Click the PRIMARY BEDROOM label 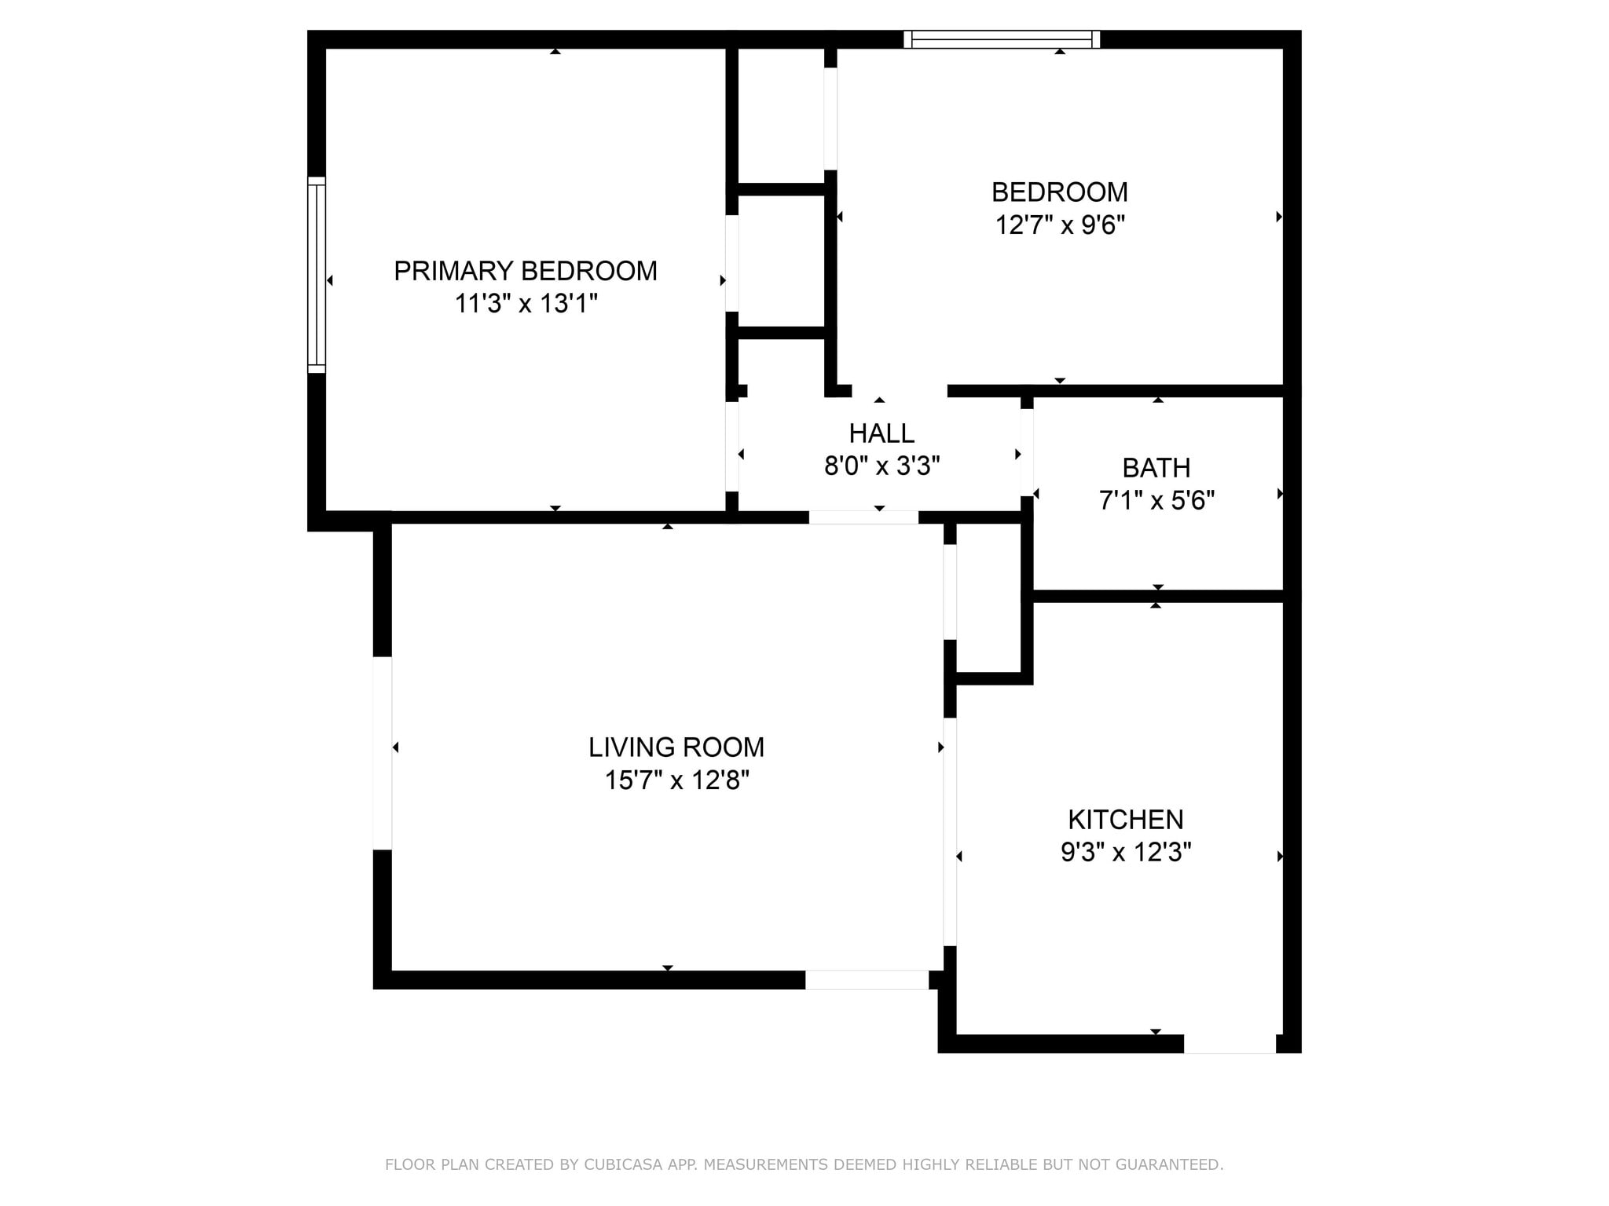pos(525,271)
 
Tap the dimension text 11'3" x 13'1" pos(526,303)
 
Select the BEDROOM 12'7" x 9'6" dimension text pos(1059,225)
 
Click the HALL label pos(881,433)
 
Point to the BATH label pos(1156,468)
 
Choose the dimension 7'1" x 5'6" pos(1156,500)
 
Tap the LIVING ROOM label pos(676,747)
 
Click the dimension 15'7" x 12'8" pos(676,780)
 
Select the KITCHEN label pos(1125,820)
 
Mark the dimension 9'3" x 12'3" pos(1125,852)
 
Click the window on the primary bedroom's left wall pos(316,275)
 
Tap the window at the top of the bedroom pos(1001,39)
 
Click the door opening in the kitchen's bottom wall pos(1230,1043)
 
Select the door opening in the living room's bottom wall pos(867,980)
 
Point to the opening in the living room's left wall pos(382,753)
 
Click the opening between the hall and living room pos(863,517)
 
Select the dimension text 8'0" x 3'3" pos(881,466)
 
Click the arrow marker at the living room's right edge pos(940,747)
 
